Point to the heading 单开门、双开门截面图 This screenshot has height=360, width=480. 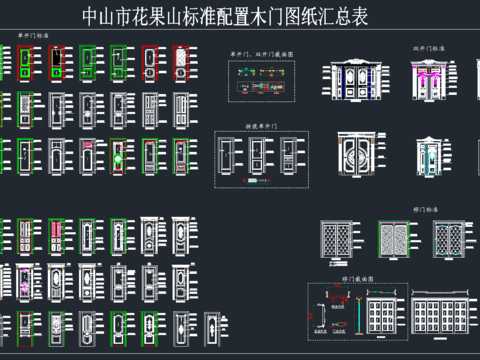tap(262, 54)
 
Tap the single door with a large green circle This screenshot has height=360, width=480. tap(118, 157)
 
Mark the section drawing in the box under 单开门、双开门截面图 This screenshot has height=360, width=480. tap(262, 84)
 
